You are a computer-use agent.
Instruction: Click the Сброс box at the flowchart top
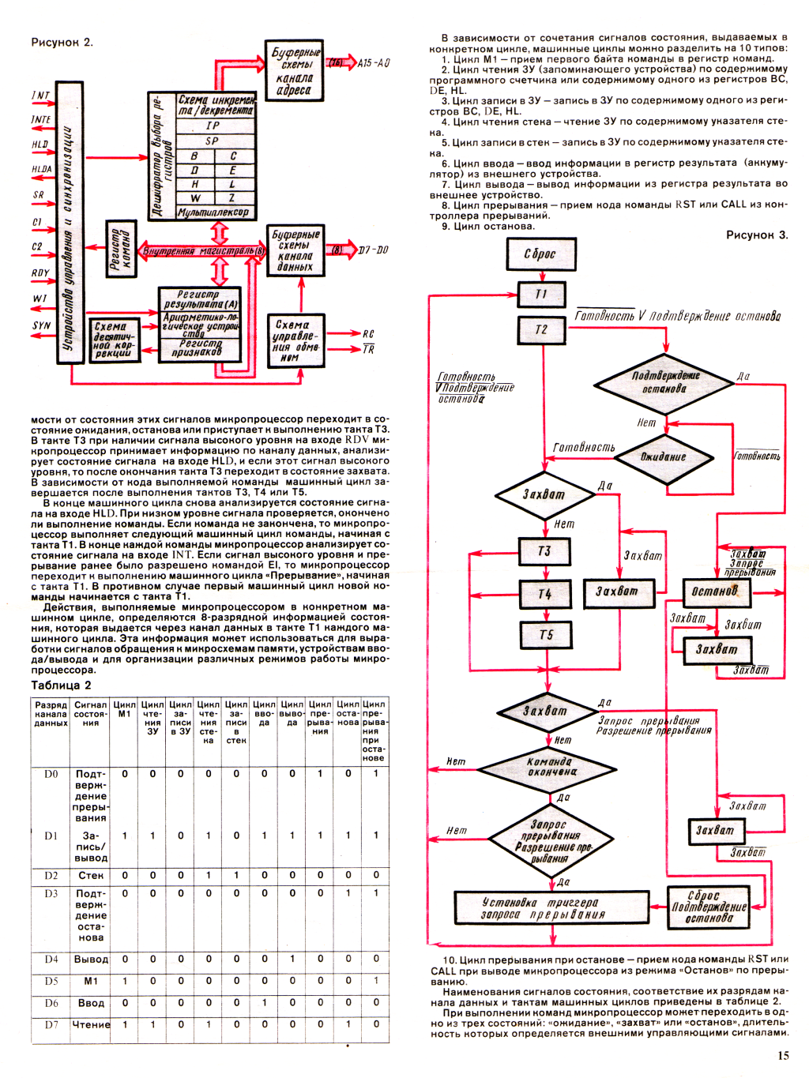[x=540, y=254]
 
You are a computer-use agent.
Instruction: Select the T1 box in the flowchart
[x=541, y=294]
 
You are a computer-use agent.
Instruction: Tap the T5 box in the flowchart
[x=545, y=635]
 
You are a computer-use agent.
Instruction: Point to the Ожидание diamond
[x=664, y=457]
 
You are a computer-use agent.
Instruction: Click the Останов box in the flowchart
[x=715, y=592]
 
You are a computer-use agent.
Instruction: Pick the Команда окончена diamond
[x=548, y=767]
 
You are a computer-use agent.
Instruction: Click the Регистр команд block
[x=121, y=249]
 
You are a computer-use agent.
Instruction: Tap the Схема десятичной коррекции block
[x=114, y=340]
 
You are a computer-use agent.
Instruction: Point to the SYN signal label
[x=41, y=325]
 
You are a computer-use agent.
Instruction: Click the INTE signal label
[x=41, y=120]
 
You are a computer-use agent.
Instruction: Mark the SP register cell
[x=213, y=141]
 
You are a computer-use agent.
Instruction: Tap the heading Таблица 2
[x=61, y=685]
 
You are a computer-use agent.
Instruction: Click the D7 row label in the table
[x=51, y=1024]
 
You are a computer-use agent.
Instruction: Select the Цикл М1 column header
[x=125, y=708]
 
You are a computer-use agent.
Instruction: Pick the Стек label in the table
[x=91, y=875]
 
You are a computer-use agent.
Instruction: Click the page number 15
[x=783, y=1055]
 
